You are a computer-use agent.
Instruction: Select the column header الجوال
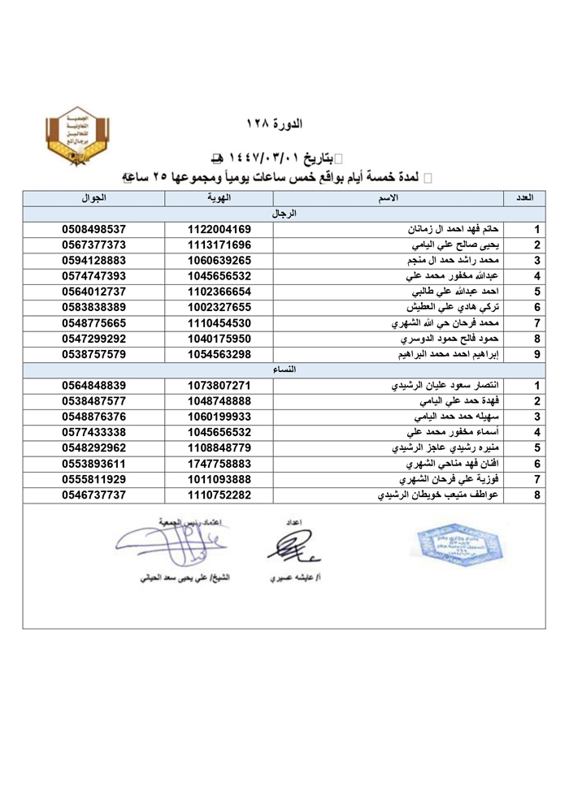click(x=93, y=198)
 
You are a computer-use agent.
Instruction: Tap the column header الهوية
click(x=219, y=198)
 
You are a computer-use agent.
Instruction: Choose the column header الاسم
click(x=388, y=198)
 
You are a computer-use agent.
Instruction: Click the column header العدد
click(x=524, y=198)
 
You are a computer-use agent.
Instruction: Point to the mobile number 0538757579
click(x=93, y=354)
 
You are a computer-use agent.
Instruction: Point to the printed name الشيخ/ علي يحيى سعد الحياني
click(x=181, y=579)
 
